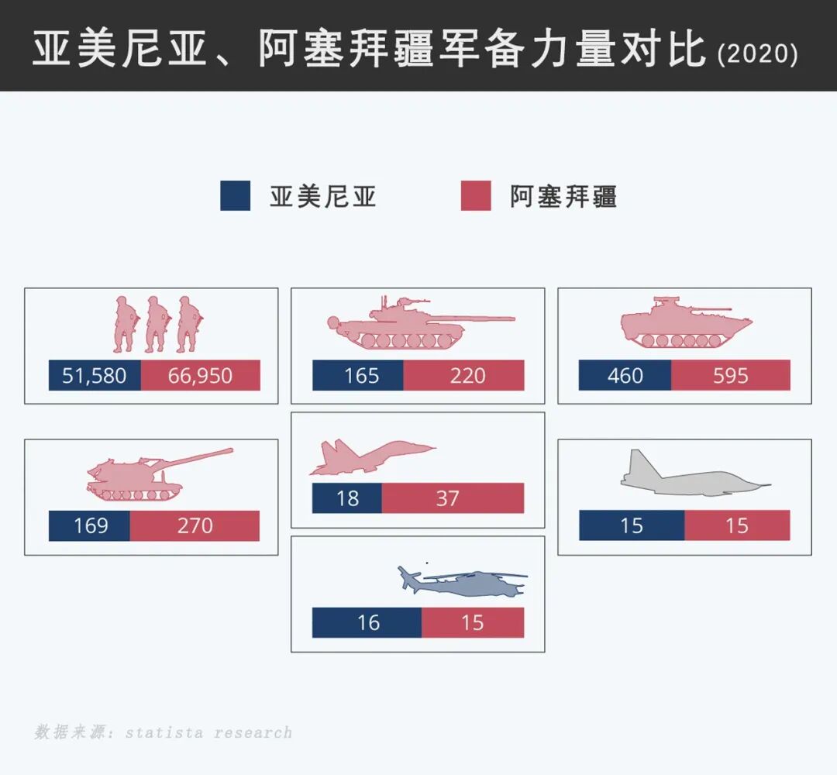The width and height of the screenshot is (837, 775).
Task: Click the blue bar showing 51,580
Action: point(95,376)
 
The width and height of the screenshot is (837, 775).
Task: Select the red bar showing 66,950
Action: point(200,376)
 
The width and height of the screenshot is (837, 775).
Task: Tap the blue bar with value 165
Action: point(358,376)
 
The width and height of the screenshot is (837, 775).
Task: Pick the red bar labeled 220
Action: point(463,376)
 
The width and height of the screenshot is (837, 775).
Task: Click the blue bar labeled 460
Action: point(625,376)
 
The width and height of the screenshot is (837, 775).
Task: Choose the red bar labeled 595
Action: point(730,376)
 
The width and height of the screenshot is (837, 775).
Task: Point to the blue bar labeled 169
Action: point(89,526)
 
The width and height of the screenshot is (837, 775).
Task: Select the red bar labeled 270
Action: point(195,526)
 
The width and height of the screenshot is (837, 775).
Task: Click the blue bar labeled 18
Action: point(347,498)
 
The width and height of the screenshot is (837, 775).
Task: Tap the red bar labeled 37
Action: point(453,498)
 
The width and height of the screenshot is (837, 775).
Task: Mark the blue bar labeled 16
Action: point(367,622)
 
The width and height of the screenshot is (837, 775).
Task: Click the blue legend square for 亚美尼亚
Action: point(236,196)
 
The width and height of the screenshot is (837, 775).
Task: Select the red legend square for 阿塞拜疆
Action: point(476,196)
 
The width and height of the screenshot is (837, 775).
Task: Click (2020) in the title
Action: point(757,54)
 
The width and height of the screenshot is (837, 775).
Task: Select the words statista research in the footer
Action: point(208,732)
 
